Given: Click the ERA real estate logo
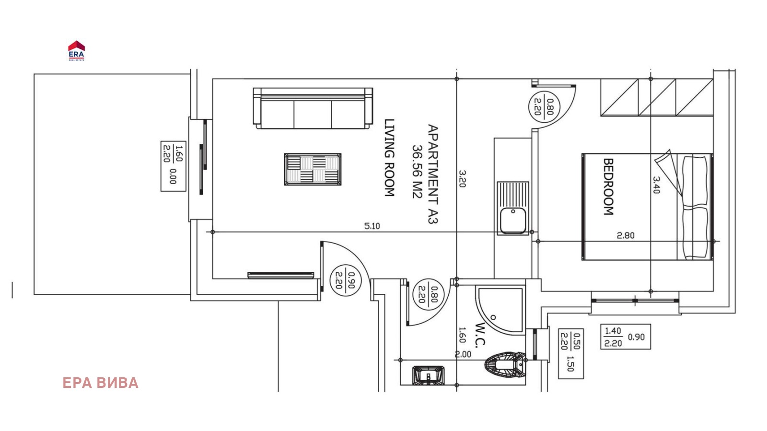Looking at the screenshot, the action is (x=76, y=51).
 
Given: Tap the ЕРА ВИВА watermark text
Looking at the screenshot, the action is (x=100, y=383).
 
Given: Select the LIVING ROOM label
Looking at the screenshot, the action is (x=389, y=158).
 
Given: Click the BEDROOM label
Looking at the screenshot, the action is (x=608, y=186).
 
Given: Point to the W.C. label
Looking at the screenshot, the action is (x=480, y=335).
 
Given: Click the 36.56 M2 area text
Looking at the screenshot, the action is (x=417, y=172).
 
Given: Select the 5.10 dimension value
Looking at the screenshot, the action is (x=372, y=226).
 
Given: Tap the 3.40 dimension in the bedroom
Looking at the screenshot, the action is (x=656, y=185).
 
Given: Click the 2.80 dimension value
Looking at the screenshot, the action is (x=626, y=235).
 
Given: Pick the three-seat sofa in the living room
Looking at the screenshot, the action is (x=313, y=108).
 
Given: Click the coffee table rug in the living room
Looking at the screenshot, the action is (x=313, y=169).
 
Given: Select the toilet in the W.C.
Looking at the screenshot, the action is (x=505, y=364).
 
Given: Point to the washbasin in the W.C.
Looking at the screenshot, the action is (x=429, y=375).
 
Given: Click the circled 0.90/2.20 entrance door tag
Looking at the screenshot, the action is (x=345, y=280).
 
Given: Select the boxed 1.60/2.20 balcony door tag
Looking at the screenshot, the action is (x=173, y=166).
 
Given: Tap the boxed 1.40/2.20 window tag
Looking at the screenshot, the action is (x=626, y=337).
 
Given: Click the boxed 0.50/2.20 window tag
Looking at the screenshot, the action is (x=571, y=354).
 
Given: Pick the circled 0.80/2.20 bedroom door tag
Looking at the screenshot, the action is (x=545, y=106).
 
